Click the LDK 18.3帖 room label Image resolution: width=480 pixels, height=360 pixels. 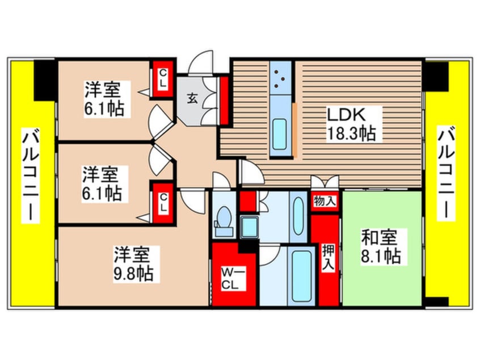[349, 125]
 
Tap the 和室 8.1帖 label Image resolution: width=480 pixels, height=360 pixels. [381, 246]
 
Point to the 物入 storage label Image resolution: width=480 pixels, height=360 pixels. [324, 200]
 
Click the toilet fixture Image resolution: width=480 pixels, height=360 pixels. [223, 219]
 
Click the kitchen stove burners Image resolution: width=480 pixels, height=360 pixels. [279, 79]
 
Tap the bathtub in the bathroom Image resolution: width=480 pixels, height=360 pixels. [297, 275]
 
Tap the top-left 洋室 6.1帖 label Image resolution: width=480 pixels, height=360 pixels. [104, 99]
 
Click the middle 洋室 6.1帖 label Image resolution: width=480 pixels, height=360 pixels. [101, 183]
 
